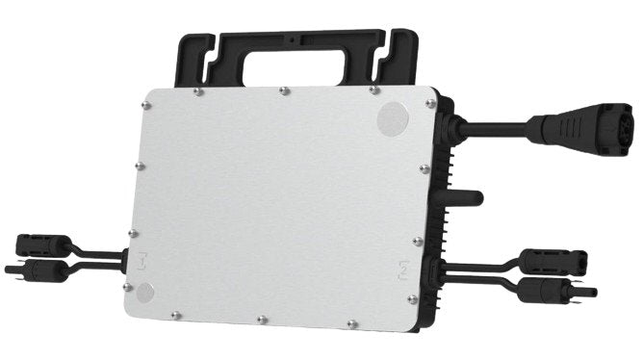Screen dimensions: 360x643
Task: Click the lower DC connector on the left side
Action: pyautogui.click(x=43, y=271)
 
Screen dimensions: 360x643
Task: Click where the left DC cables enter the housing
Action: pyautogui.click(x=123, y=258)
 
